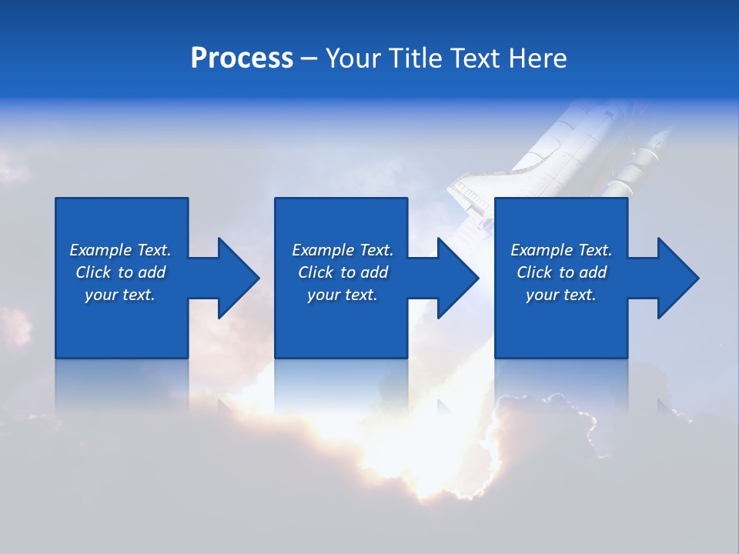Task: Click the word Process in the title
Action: [x=242, y=58]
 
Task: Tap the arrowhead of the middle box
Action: [x=457, y=278]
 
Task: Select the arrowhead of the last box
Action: [x=677, y=278]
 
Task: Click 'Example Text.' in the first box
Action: [x=120, y=250]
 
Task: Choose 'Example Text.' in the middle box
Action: [x=343, y=250]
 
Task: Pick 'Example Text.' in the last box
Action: [x=561, y=250]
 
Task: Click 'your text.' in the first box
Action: [x=120, y=295]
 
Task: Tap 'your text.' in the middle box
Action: [x=343, y=295]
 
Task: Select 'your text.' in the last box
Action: [x=561, y=295]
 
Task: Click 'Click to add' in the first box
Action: [x=120, y=272]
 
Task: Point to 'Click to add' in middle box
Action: [x=343, y=272]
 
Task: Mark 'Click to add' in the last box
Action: [x=561, y=272]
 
